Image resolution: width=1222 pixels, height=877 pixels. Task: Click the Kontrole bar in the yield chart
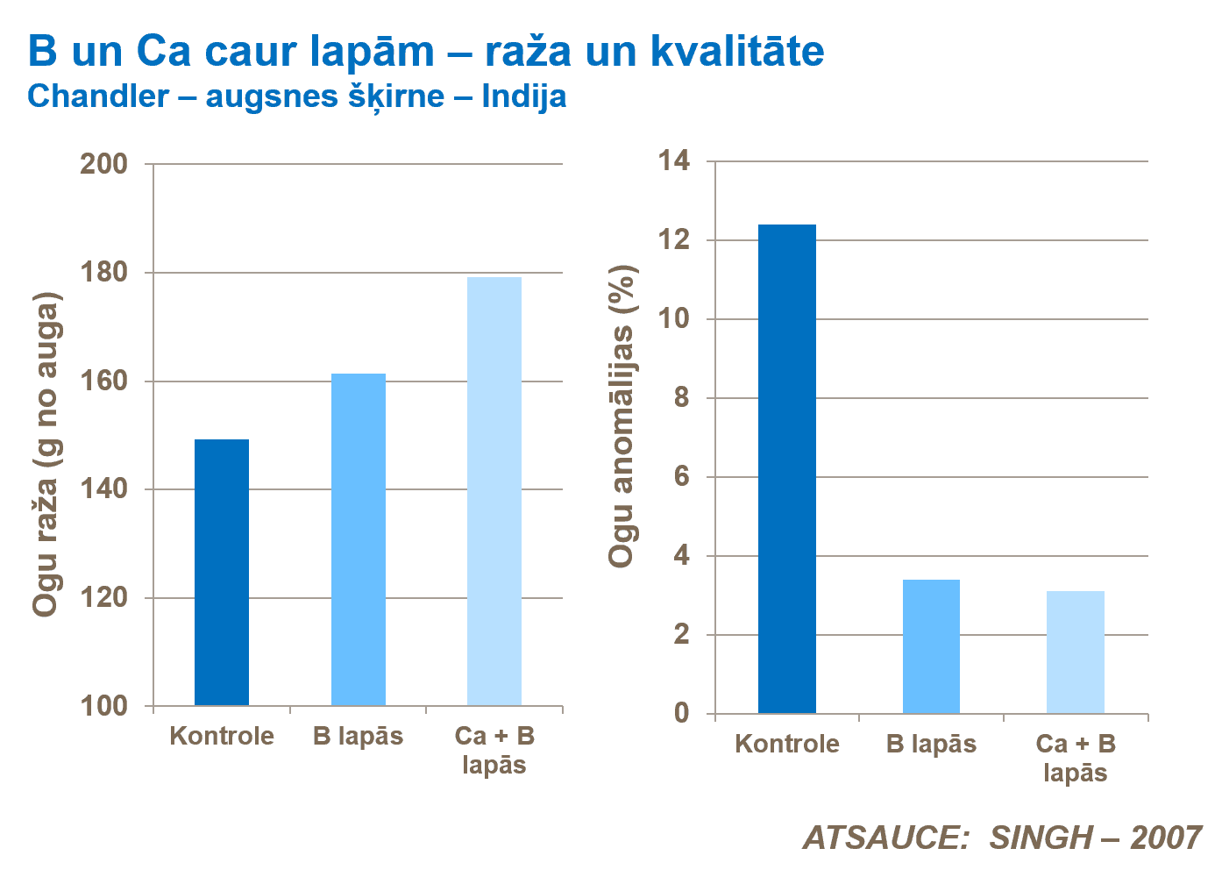tap(221, 572)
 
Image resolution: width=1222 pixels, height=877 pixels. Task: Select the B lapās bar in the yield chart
tap(358, 539)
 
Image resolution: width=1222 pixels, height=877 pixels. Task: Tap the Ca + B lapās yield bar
tap(494, 491)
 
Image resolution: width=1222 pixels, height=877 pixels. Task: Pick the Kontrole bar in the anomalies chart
tap(786, 468)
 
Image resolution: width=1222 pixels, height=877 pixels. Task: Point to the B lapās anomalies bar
tap(931, 646)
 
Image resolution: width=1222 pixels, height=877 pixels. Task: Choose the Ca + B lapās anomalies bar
tap(1075, 652)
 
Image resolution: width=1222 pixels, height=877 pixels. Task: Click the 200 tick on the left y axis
tap(103, 164)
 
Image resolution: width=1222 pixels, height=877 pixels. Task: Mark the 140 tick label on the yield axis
tap(103, 489)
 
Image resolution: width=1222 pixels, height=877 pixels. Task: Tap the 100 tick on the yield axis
tap(103, 706)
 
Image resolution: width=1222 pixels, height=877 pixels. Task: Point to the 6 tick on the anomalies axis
tap(682, 477)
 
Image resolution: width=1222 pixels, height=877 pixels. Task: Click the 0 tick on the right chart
tap(682, 713)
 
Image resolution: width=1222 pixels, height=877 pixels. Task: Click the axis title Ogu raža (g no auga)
tap(46, 453)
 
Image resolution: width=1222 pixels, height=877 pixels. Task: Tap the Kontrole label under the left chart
tap(222, 736)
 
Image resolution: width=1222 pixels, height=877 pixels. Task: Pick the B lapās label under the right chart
tap(931, 745)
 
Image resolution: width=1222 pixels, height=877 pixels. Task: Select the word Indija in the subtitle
tap(523, 96)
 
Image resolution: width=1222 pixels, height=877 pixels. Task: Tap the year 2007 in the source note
tap(1165, 838)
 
